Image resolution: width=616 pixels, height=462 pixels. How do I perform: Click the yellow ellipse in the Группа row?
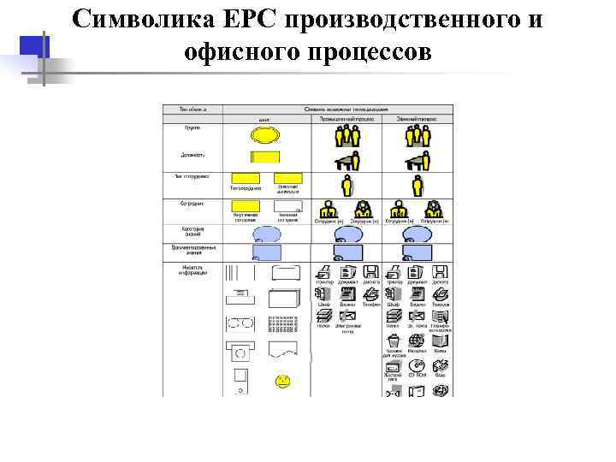[264, 135]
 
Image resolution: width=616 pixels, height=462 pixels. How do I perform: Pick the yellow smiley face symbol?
[282, 380]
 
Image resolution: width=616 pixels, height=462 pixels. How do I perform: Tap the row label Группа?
[192, 127]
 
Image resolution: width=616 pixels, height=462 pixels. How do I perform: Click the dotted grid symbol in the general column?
[282, 324]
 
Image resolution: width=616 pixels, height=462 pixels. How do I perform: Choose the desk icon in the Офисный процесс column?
[418, 160]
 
